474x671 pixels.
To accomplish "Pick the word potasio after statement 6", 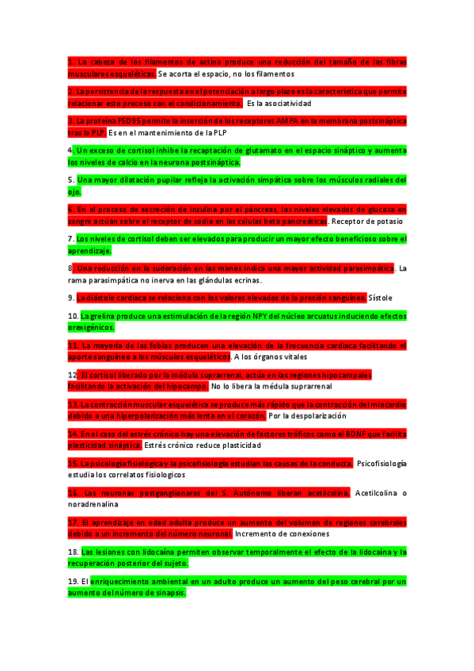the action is click(389, 221).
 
